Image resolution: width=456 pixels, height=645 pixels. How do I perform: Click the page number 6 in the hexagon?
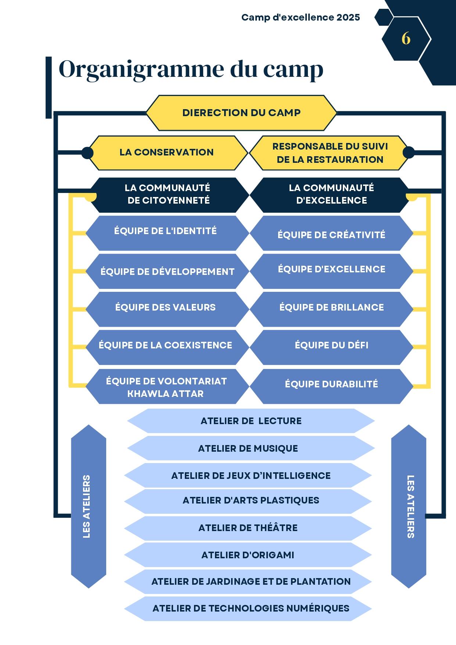coord(406,39)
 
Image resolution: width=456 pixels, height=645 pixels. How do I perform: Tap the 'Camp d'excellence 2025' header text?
coord(301,17)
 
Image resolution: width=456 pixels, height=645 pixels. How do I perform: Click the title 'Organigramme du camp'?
coord(191,69)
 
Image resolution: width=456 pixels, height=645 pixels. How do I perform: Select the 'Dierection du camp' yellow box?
coord(241,113)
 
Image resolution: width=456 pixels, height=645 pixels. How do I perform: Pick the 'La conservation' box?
coord(166,153)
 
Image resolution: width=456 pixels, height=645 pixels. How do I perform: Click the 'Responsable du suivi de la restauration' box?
coord(330,153)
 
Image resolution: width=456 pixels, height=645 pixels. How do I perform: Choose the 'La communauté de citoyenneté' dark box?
coord(167,194)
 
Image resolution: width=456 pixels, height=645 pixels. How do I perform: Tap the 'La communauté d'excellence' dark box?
coord(331,194)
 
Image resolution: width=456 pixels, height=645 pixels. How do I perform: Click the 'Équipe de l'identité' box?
coord(165,232)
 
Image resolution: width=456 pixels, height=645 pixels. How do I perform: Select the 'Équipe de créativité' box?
coord(331,234)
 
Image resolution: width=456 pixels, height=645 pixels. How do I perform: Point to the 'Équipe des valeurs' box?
coord(165,308)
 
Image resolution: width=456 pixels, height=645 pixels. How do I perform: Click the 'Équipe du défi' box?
coord(331,345)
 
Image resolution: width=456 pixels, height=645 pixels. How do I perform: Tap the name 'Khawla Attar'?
coord(165,394)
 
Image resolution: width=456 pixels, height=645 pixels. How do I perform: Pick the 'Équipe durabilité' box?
coord(331,384)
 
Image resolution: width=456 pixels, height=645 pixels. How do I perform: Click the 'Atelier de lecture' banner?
coord(251,421)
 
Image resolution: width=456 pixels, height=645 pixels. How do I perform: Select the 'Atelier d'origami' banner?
coord(248,555)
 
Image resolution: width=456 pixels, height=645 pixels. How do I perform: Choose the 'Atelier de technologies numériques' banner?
coord(251,609)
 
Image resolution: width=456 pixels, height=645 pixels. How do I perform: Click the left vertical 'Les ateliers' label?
coord(87,506)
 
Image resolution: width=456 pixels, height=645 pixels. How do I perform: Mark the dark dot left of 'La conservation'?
coord(87,153)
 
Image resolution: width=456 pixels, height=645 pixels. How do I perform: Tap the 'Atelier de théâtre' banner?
coord(248,528)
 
